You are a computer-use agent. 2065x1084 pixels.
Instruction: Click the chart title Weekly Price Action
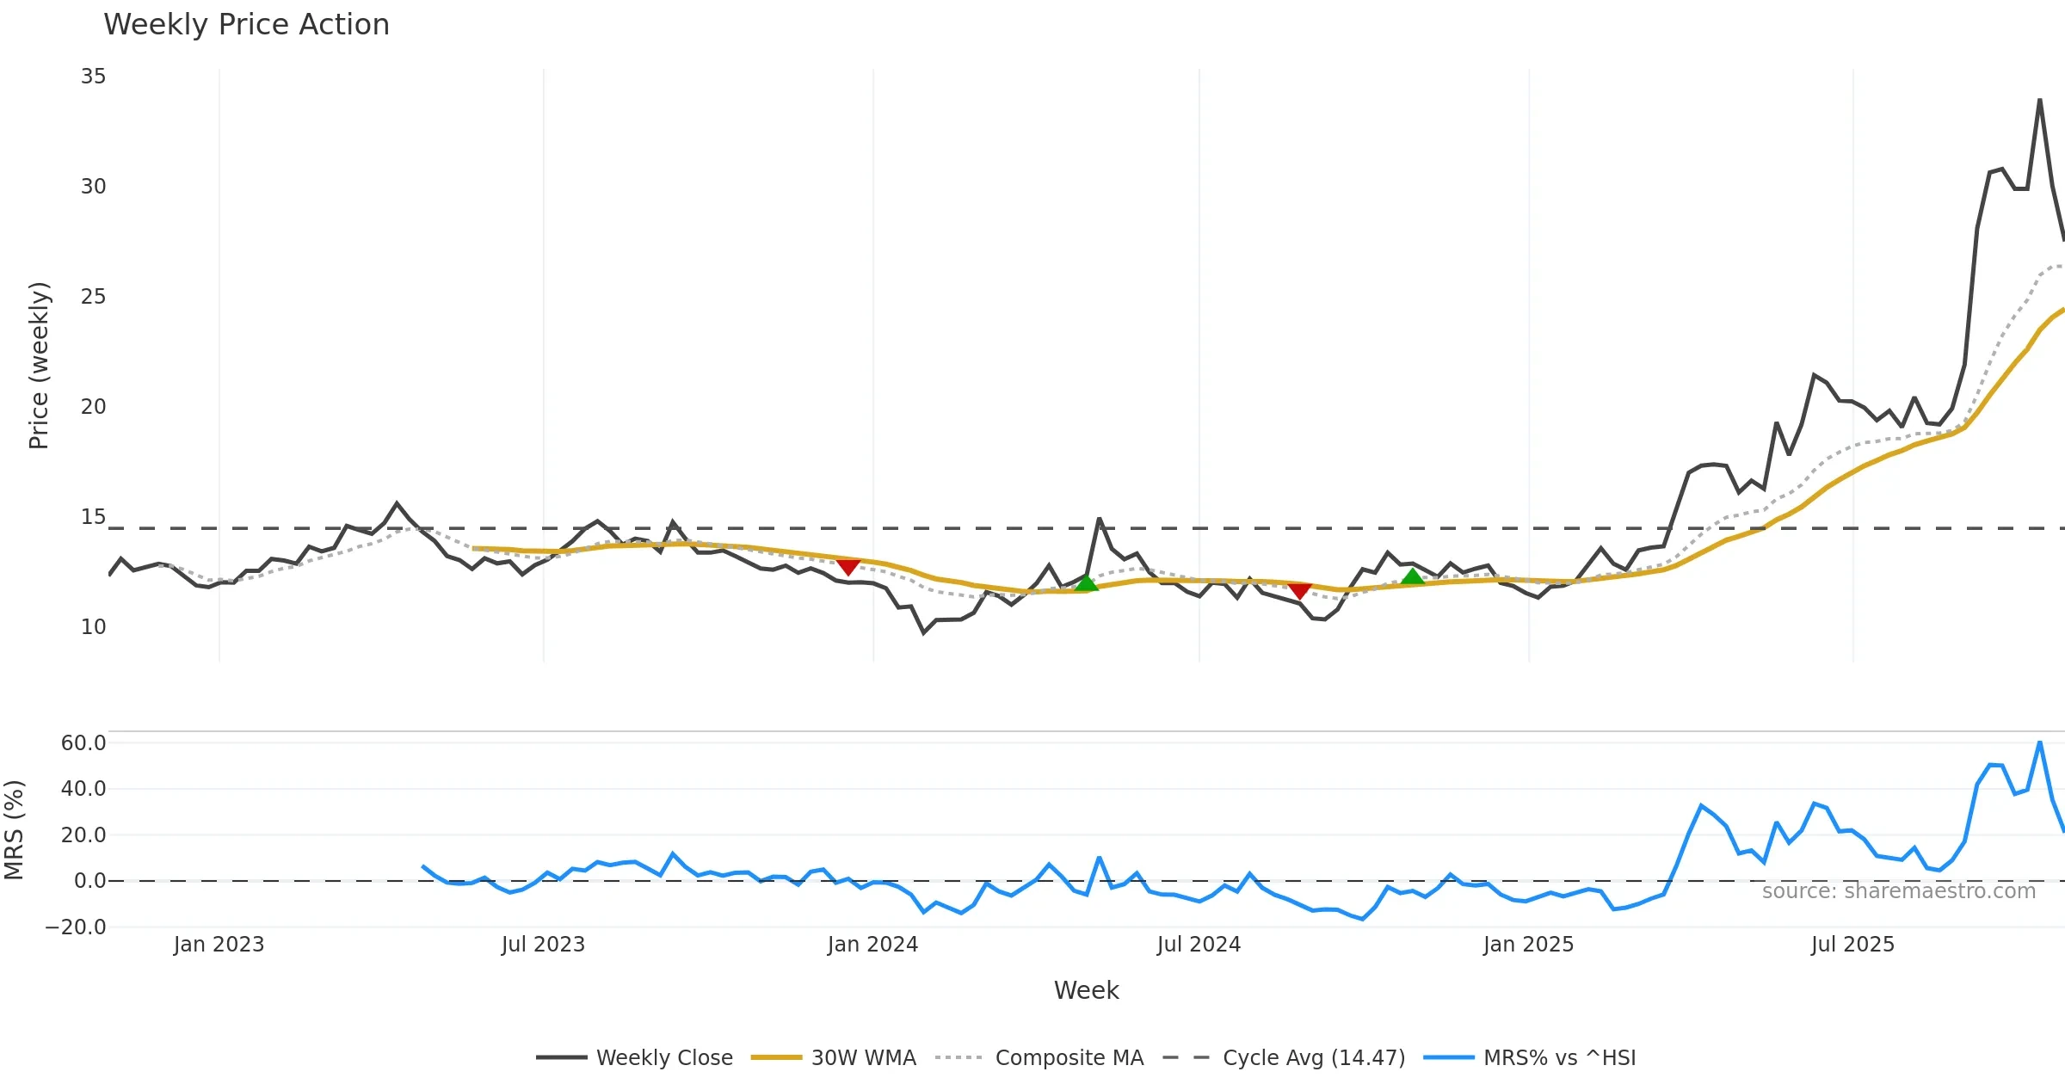pyautogui.click(x=246, y=25)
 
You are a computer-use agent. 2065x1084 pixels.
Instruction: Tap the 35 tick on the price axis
pyautogui.click(x=93, y=77)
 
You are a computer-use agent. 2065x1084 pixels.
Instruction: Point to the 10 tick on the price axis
pyautogui.click(x=93, y=627)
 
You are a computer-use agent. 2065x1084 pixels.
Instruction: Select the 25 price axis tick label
pyautogui.click(x=93, y=297)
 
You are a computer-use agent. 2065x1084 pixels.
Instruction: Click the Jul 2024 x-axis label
pyautogui.click(x=1199, y=945)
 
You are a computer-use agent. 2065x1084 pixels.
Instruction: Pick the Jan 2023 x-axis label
pyautogui.click(x=219, y=945)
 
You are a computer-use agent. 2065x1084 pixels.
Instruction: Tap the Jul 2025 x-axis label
pyautogui.click(x=1852, y=945)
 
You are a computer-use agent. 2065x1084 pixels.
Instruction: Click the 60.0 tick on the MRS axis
pyautogui.click(x=83, y=743)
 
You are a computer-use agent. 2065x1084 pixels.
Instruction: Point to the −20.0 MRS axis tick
pyautogui.click(x=76, y=927)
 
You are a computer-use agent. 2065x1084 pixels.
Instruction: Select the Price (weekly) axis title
pyautogui.click(x=39, y=366)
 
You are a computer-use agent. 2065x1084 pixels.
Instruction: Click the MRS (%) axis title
pyautogui.click(x=15, y=830)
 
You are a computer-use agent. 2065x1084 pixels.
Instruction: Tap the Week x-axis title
pyautogui.click(x=1086, y=991)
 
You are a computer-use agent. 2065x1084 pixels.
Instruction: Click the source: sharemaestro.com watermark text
pyautogui.click(x=1898, y=891)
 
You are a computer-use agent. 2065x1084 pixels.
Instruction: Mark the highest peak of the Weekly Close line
pyautogui.click(x=2039, y=100)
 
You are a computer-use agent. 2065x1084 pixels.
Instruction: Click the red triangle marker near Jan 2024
pyautogui.click(x=848, y=567)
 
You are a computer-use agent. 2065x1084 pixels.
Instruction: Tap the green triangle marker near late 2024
pyautogui.click(x=1412, y=576)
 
